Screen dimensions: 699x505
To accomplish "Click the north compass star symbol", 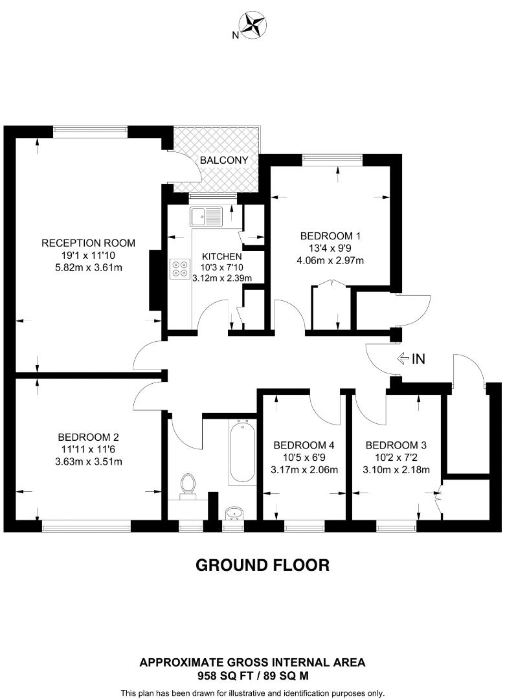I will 253,25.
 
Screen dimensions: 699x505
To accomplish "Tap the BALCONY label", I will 222,160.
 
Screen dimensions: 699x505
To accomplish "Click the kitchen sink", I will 207,215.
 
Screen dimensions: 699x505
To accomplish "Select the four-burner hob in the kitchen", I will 180,269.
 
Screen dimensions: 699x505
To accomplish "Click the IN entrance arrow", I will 410,358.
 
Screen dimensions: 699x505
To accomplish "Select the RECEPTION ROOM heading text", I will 88,243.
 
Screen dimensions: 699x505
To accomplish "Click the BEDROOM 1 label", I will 330,236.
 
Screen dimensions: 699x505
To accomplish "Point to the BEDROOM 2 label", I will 88,437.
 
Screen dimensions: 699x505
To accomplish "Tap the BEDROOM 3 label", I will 396,445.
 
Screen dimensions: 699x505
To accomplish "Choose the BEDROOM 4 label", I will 304,445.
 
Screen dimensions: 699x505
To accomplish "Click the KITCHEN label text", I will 221,256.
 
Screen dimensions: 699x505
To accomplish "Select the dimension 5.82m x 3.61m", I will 88,267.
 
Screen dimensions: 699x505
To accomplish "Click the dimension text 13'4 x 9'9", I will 330,249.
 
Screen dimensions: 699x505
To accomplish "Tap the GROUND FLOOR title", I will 263,565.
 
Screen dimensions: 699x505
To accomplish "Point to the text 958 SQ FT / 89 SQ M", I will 252,674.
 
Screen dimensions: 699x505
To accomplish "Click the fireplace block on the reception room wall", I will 155,280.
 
